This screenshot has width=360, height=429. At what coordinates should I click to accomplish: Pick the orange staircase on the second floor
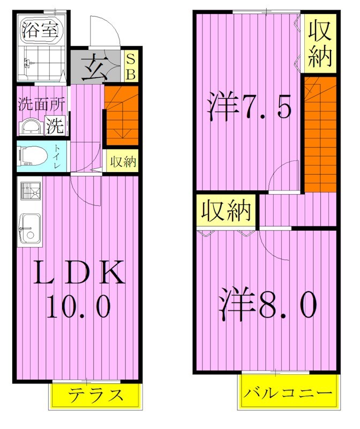click(x=320, y=134)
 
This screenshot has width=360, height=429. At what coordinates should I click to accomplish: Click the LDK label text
click(x=79, y=273)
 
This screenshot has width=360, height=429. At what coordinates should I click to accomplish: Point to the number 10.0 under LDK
click(x=79, y=307)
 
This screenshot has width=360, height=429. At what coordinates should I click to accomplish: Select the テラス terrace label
click(x=96, y=396)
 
